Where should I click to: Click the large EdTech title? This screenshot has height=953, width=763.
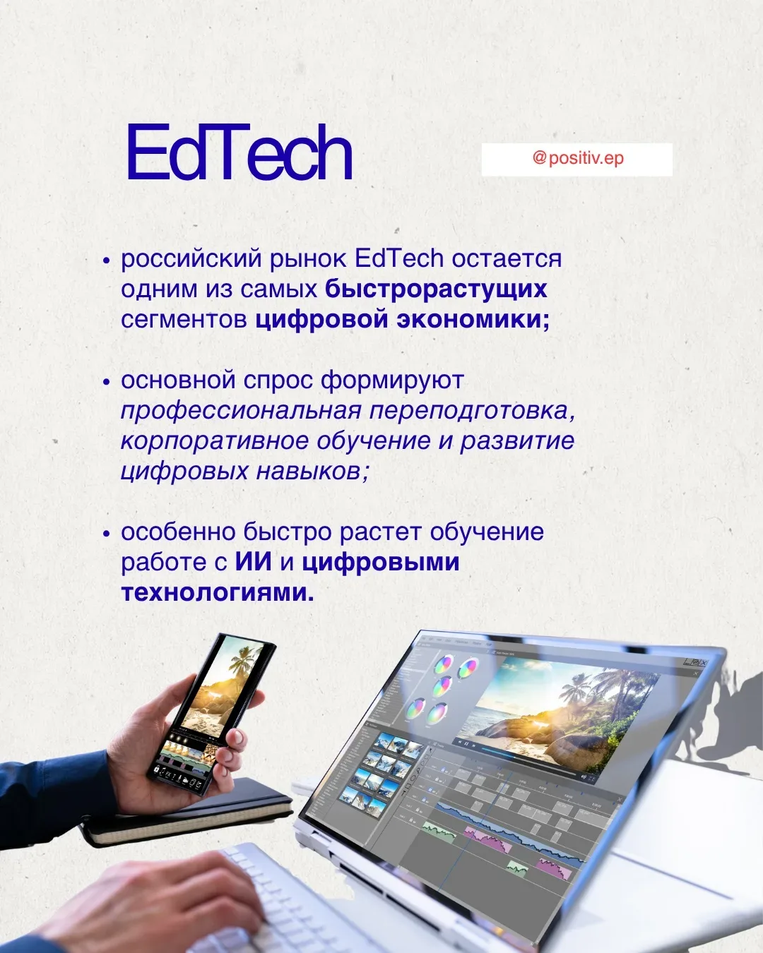(239, 152)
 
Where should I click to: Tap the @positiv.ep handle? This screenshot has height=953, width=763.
(578, 158)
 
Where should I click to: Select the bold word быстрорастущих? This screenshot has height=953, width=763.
(437, 289)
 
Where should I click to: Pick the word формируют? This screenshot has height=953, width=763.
(392, 380)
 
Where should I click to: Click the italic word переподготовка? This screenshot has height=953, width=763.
(472, 412)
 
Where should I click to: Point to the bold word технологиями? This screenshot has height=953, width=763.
(218, 592)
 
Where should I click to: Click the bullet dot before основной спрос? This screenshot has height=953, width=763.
(106, 381)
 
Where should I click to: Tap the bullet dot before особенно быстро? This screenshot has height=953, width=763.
(106, 534)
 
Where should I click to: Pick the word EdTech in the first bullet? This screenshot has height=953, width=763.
(399, 258)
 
